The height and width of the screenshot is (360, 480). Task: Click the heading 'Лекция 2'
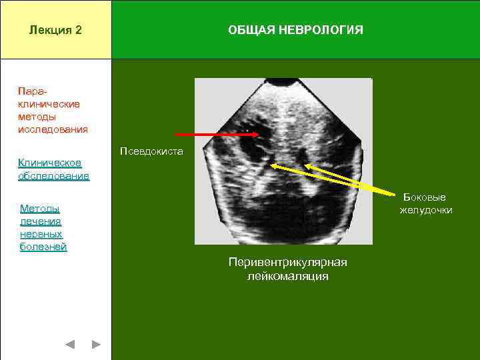pos(55,30)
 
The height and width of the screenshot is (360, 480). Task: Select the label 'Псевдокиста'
pos(151,151)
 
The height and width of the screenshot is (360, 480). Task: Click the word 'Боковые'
pos(424,197)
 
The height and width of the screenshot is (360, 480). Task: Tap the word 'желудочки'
pos(425,210)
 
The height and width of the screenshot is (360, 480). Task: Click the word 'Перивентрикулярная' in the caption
pos(287,262)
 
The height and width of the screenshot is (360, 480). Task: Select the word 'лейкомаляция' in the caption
pos(287,275)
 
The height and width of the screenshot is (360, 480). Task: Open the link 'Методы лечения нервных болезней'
pos(43,227)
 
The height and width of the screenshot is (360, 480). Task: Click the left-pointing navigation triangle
pos(70,345)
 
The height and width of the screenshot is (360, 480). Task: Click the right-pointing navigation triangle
pos(95,345)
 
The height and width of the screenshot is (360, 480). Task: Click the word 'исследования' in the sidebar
pos(53,129)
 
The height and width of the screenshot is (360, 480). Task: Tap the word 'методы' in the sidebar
pos(37,117)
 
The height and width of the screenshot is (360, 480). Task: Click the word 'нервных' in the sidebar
pos(41,234)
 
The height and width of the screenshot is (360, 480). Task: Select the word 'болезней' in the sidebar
pos(43,247)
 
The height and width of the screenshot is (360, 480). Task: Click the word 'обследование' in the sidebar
pos(53,176)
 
